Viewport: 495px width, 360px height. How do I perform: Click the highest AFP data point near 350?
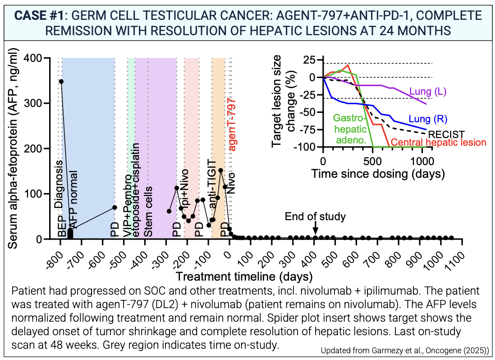click(x=61, y=82)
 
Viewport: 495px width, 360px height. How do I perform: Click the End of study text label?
click(x=315, y=217)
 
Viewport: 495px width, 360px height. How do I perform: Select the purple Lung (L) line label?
click(x=428, y=92)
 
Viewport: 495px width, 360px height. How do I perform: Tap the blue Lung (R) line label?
click(x=428, y=120)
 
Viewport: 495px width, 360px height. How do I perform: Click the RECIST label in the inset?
click(x=446, y=134)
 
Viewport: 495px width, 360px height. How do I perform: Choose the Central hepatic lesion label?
click(x=438, y=143)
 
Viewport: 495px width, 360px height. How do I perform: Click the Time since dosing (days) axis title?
click(x=378, y=173)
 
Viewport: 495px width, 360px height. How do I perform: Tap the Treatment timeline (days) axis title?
click(x=243, y=275)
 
